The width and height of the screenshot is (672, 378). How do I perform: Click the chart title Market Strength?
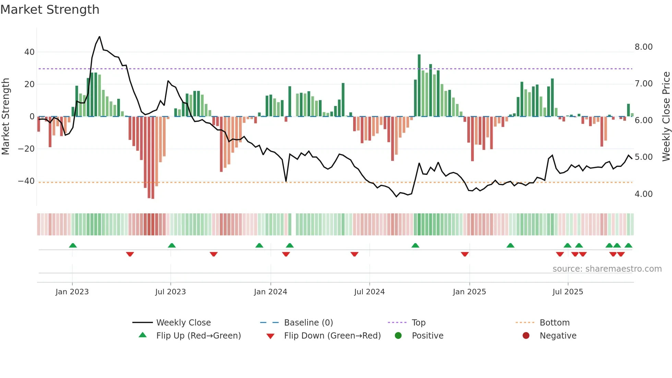click(50, 10)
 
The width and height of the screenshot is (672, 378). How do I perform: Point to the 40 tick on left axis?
click(29, 52)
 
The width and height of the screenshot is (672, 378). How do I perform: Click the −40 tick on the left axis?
click(26, 181)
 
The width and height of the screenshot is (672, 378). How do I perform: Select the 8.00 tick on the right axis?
click(643, 47)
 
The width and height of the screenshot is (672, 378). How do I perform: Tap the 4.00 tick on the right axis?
click(643, 194)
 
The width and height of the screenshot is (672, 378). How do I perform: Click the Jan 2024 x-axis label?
click(270, 292)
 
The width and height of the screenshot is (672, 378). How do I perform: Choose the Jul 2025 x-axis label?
click(567, 292)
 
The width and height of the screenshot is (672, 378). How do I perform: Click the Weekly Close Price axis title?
click(666, 116)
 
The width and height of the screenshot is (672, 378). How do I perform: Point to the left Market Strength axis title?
click(5, 116)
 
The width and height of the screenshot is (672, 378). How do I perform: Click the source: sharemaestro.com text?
click(607, 269)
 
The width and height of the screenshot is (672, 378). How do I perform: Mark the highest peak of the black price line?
click(99, 37)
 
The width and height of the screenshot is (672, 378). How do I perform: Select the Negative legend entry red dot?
click(526, 336)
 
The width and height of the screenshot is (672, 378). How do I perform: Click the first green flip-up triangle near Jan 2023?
click(73, 245)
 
